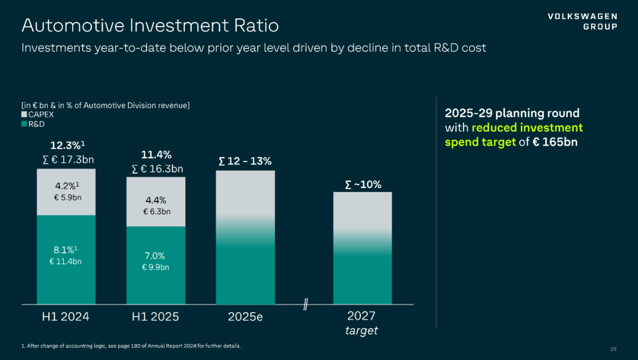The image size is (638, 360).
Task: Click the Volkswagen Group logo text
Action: (582, 21)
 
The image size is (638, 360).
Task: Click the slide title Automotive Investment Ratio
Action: (150, 25)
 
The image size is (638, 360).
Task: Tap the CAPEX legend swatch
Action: (24, 115)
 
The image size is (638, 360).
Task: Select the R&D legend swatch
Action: (24, 124)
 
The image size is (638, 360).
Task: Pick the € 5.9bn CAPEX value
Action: (67, 197)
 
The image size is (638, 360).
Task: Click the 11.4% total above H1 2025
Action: (156, 155)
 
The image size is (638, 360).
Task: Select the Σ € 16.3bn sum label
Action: (157, 169)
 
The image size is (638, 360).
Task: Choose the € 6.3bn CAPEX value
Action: (156, 212)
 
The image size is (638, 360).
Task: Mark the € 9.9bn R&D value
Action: (155, 267)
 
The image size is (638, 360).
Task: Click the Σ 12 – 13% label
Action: (245, 161)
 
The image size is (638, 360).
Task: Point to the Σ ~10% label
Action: (363, 185)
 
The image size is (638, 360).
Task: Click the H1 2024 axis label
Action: (66, 317)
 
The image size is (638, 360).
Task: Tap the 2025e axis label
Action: (245, 317)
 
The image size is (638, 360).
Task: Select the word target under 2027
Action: (362, 330)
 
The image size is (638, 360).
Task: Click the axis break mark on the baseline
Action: (306, 305)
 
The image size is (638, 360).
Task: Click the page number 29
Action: (613, 349)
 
